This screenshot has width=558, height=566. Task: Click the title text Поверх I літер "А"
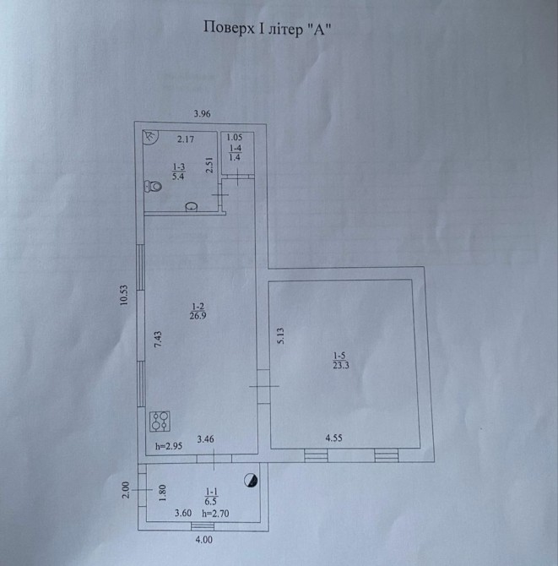point(268,28)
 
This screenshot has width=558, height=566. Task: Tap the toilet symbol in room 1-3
point(153,186)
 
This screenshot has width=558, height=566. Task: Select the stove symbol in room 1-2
point(160,422)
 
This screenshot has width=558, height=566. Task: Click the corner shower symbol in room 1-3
point(150,137)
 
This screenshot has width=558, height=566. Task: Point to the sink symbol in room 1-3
point(191,207)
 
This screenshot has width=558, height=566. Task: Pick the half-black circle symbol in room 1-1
point(251,481)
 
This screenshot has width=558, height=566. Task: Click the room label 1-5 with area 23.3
point(341,361)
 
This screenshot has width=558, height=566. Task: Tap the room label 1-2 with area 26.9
point(198,312)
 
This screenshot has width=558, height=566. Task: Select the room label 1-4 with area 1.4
point(236,153)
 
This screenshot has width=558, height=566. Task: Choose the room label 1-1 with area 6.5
point(211,497)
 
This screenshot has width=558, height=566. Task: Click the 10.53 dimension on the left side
point(124,296)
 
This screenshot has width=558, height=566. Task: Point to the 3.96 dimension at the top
point(202,114)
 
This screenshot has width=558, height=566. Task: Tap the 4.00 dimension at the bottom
point(203,540)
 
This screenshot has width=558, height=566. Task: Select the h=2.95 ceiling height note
point(169,446)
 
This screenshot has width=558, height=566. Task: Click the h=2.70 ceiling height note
point(215,514)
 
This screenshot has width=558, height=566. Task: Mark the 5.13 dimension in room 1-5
point(280,335)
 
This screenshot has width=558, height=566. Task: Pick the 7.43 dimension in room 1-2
point(158,340)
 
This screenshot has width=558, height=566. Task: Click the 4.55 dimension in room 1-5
point(333,438)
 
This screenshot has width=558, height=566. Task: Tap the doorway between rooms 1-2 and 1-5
point(263,386)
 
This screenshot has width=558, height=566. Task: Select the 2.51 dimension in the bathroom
point(210,165)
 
